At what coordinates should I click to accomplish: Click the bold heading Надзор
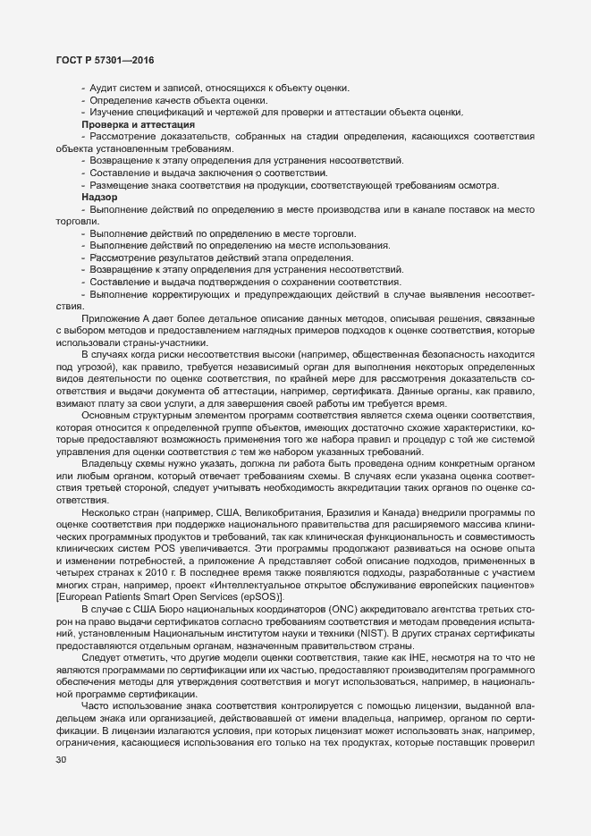click(99, 196)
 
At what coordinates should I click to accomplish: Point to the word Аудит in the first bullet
click(104, 87)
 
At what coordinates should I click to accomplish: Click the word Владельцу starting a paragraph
click(109, 463)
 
